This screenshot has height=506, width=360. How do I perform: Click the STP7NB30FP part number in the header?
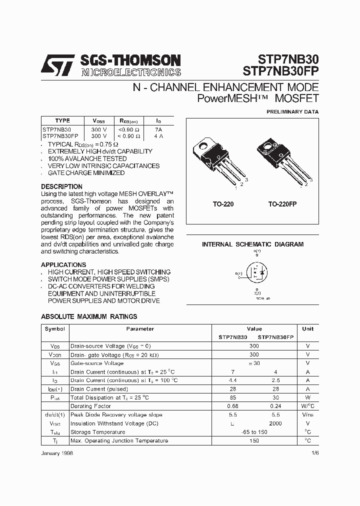(x=281, y=71)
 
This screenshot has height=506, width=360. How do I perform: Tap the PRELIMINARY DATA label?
(x=292, y=112)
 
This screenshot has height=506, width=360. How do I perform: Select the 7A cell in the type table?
(x=158, y=129)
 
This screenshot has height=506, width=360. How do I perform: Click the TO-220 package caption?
(x=222, y=204)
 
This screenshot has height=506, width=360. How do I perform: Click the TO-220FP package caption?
(x=282, y=204)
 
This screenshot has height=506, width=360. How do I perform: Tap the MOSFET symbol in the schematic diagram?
(x=257, y=273)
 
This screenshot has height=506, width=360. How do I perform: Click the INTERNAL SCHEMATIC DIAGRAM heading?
(x=252, y=244)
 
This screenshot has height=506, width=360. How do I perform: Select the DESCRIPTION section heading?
(x=61, y=186)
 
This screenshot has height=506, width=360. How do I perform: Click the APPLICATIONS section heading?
(x=63, y=265)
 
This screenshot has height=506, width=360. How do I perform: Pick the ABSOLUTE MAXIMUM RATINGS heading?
(x=88, y=316)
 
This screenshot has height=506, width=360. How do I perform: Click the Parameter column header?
(x=140, y=329)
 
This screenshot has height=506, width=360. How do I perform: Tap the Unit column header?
(x=307, y=329)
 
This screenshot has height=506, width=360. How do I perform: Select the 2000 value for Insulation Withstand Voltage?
(x=275, y=423)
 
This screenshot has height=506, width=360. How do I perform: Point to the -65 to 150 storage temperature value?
(x=254, y=432)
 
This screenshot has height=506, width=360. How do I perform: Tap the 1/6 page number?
(x=314, y=452)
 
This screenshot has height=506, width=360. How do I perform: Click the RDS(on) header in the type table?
(x=128, y=121)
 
